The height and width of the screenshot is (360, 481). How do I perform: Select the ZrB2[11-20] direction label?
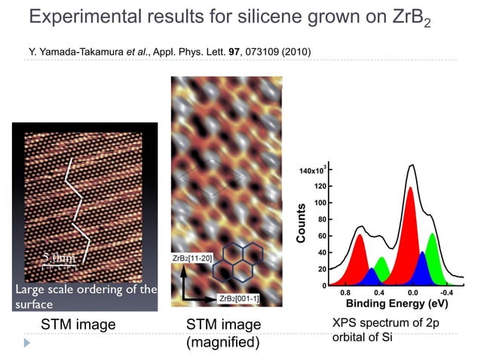click(x=193, y=258)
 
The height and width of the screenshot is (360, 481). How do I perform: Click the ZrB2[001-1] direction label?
click(x=240, y=299)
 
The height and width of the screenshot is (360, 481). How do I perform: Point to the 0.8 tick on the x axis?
click(x=345, y=292)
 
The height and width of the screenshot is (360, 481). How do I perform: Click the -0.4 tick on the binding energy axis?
click(x=446, y=292)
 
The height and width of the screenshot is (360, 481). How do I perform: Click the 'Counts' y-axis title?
click(x=301, y=223)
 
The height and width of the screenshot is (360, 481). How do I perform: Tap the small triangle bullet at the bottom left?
click(x=28, y=343)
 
